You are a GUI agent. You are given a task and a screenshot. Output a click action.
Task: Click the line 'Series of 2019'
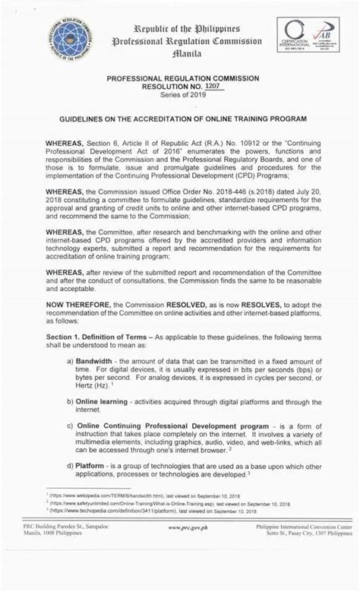tap(180, 98)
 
